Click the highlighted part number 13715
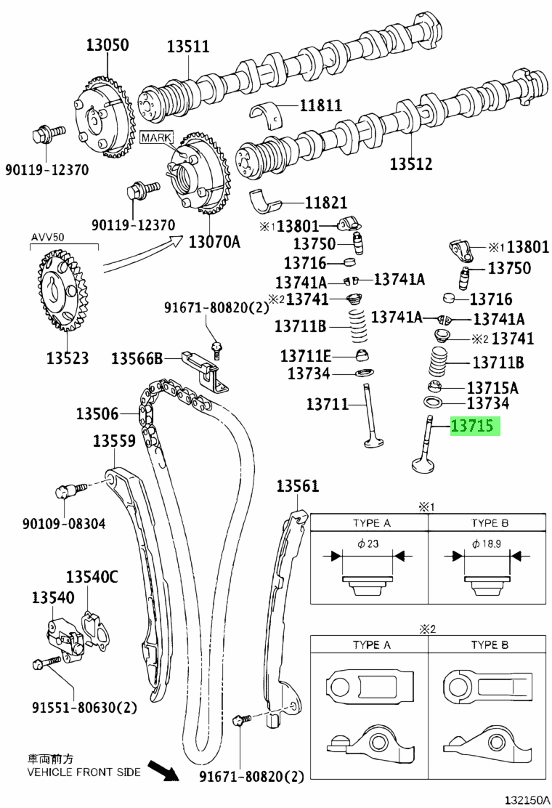472,426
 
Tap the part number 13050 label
107,45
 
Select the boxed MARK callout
157,137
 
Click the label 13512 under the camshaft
411,164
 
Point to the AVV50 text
48,238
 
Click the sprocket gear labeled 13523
61,291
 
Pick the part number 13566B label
137,357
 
